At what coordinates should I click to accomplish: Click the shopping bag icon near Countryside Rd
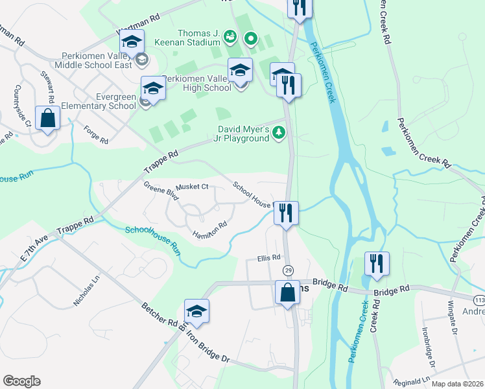pyautogui.click(x=48, y=118)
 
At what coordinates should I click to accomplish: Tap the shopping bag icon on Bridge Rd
pyautogui.click(x=287, y=292)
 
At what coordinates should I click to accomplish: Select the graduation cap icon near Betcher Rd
pyautogui.click(x=196, y=311)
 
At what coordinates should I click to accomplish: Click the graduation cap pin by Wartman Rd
pyautogui.click(x=133, y=42)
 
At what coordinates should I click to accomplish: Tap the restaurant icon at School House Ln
pyautogui.click(x=286, y=212)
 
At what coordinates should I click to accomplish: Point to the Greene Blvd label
pyautogui.click(x=161, y=193)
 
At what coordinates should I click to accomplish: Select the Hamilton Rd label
pyautogui.click(x=209, y=229)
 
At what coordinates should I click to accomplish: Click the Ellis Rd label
pyautogui.click(x=268, y=257)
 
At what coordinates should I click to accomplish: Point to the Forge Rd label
pyautogui.click(x=95, y=134)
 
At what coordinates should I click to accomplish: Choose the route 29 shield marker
pyautogui.click(x=286, y=269)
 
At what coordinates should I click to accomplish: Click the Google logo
pyautogui.click(x=21, y=381)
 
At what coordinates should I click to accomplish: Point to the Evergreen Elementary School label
pyautogui.click(x=106, y=101)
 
